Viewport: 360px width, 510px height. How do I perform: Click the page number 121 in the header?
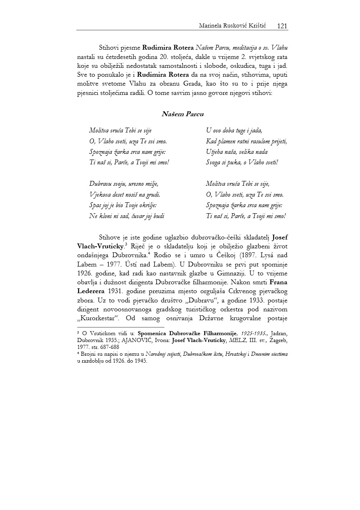(x=282, y=26)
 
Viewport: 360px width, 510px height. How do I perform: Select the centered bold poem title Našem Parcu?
(x=182, y=114)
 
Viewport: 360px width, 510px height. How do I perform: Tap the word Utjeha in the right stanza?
(x=215, y=152)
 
